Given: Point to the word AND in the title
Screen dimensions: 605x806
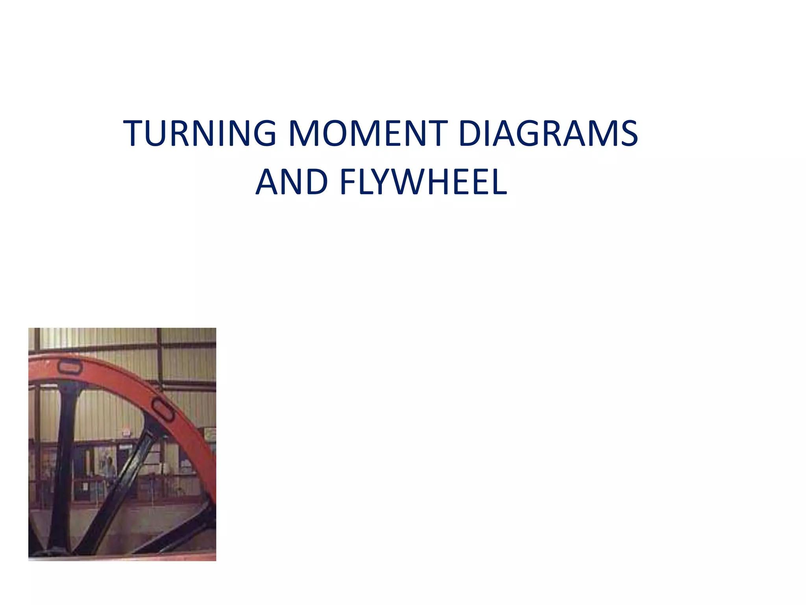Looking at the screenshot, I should (292, 182).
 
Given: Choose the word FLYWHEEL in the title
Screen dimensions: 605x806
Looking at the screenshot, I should (423, 182).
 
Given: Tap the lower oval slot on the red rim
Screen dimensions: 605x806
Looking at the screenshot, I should (163, 410).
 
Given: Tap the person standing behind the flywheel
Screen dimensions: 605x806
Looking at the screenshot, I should (109, 471).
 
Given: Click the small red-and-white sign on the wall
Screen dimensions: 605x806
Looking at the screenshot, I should (126, 432).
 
